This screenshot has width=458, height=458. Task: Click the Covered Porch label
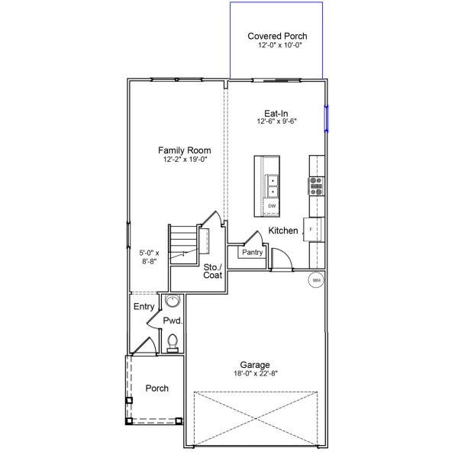point(276,36)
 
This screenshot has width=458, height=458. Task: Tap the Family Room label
point(185,150)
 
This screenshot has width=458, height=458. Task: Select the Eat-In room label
point(276,112)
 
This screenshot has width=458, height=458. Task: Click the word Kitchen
point(282,231)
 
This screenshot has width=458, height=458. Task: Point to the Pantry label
point(252,252)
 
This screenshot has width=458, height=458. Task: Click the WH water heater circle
point(316,281)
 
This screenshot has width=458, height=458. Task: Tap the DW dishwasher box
point(272,206)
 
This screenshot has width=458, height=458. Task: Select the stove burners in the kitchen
point(315,185)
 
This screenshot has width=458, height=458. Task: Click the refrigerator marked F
point(312,228)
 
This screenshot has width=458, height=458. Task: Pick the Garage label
point(254,365)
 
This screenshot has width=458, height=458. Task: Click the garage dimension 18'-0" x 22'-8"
point(254,374)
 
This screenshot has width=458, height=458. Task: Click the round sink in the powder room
point(172,300)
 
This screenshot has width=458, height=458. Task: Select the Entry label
point(144,307)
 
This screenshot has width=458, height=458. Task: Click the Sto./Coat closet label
point(212,271)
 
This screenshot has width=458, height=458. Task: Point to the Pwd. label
point(171,321)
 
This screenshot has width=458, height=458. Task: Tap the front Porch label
point(157,389)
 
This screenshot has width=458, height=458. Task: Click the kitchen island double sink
point(273,186)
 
